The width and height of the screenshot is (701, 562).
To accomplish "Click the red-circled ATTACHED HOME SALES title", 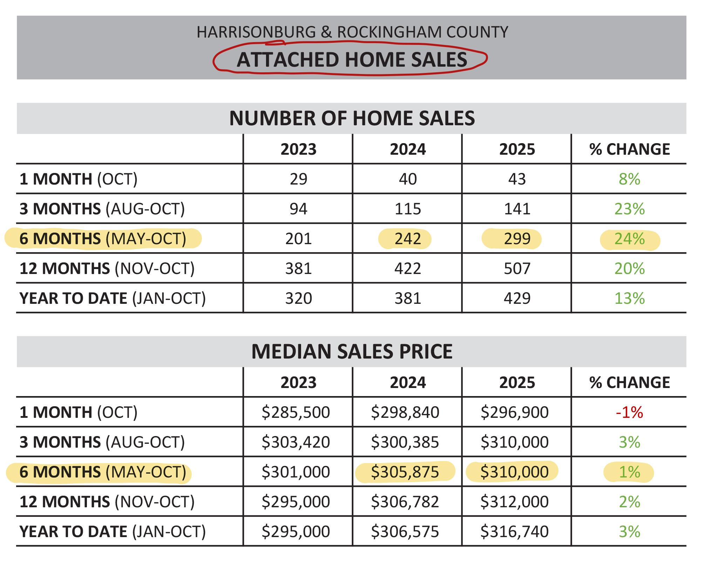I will tap(352, 60).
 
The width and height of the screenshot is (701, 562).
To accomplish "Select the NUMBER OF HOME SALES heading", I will tap(352, 118).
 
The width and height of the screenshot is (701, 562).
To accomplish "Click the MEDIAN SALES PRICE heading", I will tap(352, 352).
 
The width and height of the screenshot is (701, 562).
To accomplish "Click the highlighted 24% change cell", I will tap(629, 239).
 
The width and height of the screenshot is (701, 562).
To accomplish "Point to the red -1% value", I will tap(629, 412).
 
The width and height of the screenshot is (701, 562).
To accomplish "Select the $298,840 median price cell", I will tap(405, 412).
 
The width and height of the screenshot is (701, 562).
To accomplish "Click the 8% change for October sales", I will tap(629, 179).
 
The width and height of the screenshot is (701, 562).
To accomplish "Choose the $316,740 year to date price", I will tap(514, 531).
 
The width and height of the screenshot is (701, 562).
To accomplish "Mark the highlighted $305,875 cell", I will tap(405, 472).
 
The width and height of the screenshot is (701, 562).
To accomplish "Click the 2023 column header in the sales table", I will tap(298, 149).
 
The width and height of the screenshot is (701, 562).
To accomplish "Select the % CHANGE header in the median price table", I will tap(629, 383).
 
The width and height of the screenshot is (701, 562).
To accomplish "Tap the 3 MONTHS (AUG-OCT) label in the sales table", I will tap(102, 209).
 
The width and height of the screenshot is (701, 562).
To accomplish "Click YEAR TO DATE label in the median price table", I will tap(113, 532).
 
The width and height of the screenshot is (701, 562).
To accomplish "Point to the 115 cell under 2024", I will tap(408, 209).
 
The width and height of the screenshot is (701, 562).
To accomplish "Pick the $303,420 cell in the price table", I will tap(295, 442).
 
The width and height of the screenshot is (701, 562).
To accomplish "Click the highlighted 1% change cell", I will tap(629, 472).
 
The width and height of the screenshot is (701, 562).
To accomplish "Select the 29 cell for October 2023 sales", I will tap(298, 179).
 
